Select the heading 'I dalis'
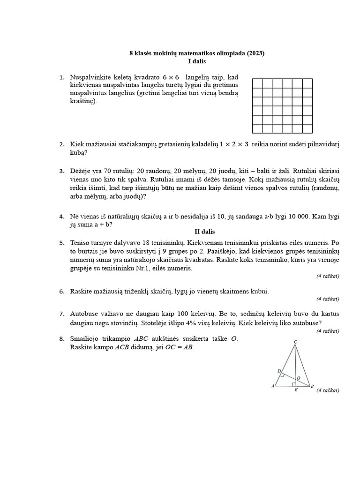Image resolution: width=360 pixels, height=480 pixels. tap(197, 61)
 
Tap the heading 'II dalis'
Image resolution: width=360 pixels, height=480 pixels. tap(204, 231)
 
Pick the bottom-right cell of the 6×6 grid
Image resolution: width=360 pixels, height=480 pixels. tap(307, 129)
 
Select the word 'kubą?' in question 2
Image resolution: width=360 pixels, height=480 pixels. tap(79, 153)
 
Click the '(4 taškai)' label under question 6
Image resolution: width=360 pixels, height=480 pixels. tap(327, 299)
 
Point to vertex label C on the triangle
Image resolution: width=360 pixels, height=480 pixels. tap(295, 343)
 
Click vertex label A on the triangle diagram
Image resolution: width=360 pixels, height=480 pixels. tap(272, 386)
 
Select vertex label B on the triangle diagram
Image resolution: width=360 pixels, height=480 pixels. tap(312, 386)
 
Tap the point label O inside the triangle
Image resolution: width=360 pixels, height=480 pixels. tap(299, 377)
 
